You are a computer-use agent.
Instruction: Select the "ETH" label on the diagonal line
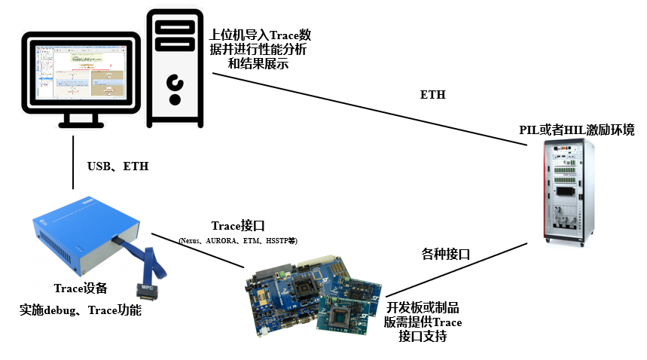click(x=432, y=95)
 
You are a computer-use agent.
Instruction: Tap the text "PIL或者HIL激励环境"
click(x=577, y=130)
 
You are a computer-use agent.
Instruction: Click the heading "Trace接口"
click(x=238, y=225)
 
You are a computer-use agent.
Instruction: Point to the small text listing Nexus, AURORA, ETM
click(x=237, y=240)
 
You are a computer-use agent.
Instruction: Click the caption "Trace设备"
click(x=81, y=288)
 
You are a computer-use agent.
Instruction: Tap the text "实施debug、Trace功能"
click(x=81, y=310)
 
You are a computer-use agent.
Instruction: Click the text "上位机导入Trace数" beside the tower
click(x=259, y=35)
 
